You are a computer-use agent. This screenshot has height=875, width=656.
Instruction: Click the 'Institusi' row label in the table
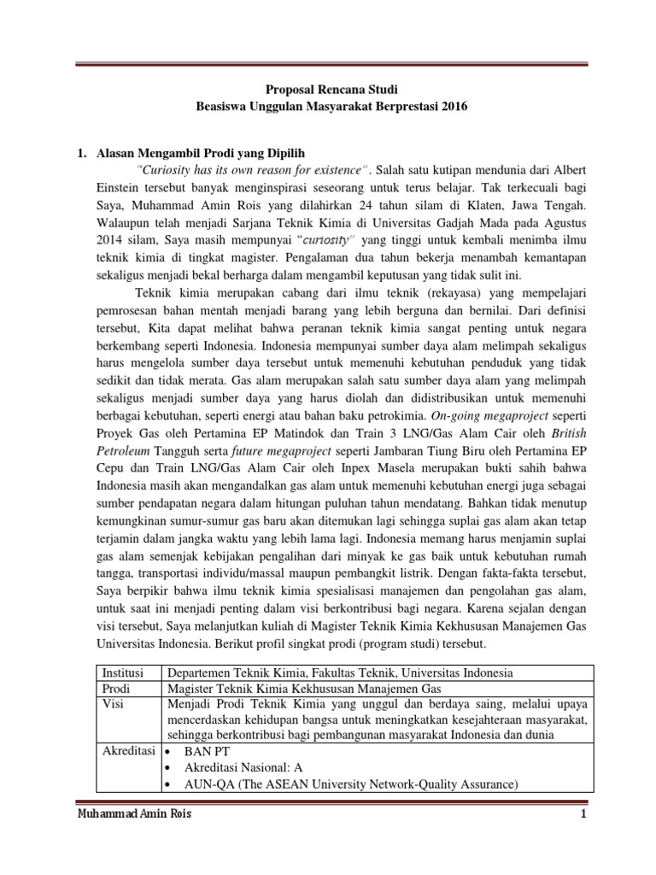click(x=123, y=672)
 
